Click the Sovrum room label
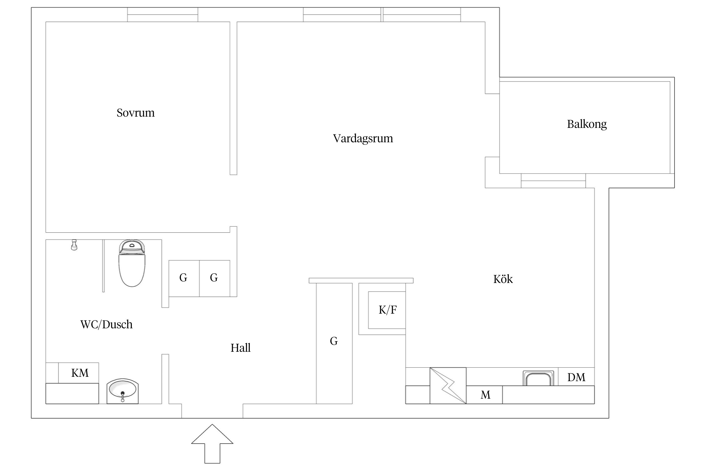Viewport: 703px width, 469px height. coord(135,113)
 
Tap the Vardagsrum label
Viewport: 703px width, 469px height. coord(363,138)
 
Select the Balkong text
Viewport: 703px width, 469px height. coord(586,124)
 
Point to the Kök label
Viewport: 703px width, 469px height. coord(503,279)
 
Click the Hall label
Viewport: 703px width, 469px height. coord(240,348)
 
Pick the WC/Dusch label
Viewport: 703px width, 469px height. coord(106,324)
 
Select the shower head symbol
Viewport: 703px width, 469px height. coord(74,245)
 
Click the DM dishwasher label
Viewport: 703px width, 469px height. coord(576,377)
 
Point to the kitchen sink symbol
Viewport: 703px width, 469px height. coord(538,378)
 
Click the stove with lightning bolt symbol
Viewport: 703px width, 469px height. coord(448,386)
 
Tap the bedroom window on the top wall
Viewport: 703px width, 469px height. coord(162,15)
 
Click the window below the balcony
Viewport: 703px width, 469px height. coord(553,181)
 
